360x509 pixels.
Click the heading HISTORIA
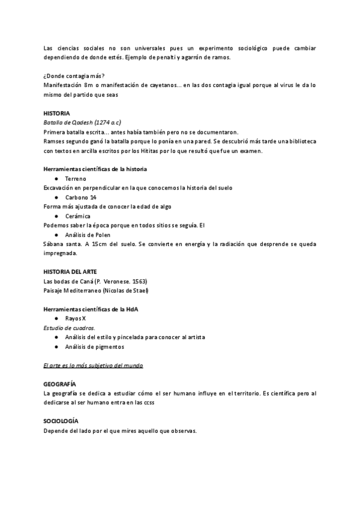pos(56,113)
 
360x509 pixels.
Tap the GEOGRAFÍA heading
pos(59,384)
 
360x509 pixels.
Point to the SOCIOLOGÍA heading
pos(61,421)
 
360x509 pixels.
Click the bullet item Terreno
pos(76,179)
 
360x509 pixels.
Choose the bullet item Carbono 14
pos(81,197)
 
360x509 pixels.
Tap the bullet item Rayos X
pos(76,318)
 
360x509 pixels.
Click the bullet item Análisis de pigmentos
pos(96,346)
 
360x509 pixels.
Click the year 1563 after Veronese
pos(139,282)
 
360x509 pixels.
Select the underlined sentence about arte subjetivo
pos(93,365)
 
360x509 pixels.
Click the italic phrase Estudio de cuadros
pos(70,328)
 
